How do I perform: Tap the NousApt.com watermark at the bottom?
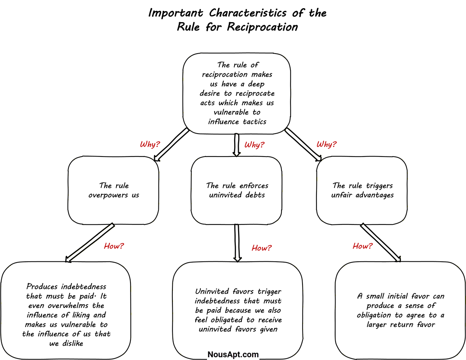(x=233, y=354)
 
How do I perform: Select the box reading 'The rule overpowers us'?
(x=113, y=190)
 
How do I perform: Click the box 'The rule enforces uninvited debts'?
(x=236, y=190)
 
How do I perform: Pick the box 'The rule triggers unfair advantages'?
(x=362, y=190)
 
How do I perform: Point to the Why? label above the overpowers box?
(x=150, y=144)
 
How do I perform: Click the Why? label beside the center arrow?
(x=254, y=145)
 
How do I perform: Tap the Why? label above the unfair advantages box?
(x=326, y=144)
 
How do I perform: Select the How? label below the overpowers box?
(x=114, y=246)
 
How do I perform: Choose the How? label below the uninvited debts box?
(x=262, y=248)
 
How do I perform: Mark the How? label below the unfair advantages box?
(x=362, y=246)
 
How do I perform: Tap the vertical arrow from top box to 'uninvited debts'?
(x=236, y=144)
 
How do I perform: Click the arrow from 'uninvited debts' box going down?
(x=237, y=242)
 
